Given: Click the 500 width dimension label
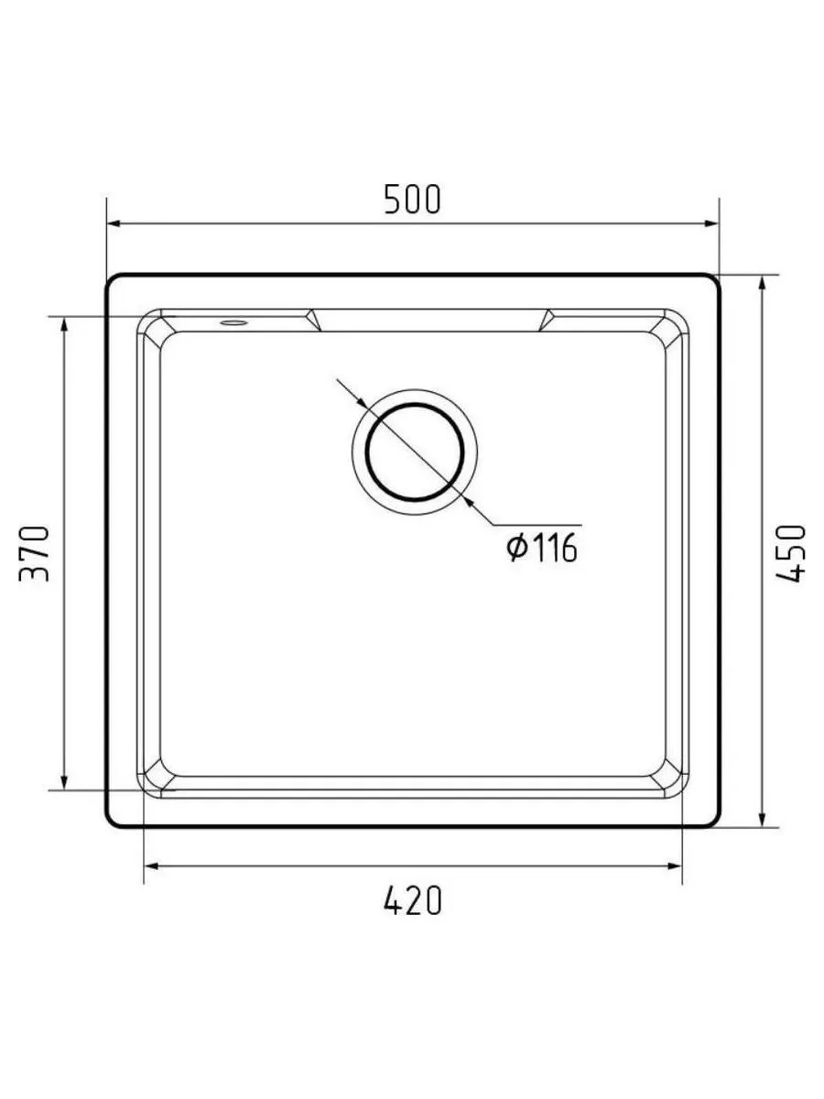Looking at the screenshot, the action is pyautogui.click(x=412, y=200).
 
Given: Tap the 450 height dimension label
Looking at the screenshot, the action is pyautogui.click(x=790, y=553).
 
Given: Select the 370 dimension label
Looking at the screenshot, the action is pyautogui.click(x=34, y=553).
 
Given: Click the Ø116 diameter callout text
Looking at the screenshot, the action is pyautogui.click(x=541, y=548).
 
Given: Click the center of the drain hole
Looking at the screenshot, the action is pyautogui.click(x=415, y=452).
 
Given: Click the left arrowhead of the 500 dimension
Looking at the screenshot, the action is pyautogui.click(x=114, y=223).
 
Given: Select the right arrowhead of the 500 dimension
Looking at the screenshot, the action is pyautogui.click(x=711, y=223).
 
